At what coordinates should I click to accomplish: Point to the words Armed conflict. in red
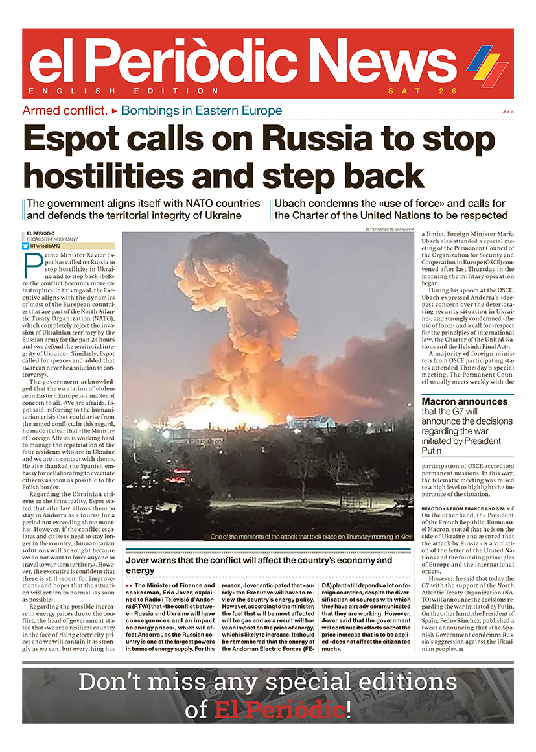[65, 110]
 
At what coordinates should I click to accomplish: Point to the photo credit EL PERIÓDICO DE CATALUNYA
[389, 229]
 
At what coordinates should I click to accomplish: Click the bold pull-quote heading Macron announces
[456, 401]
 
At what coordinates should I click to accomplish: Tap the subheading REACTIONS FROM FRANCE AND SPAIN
[458, 509]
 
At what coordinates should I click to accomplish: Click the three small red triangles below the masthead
[507, 112]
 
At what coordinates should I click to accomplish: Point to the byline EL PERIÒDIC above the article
[41, 233]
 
